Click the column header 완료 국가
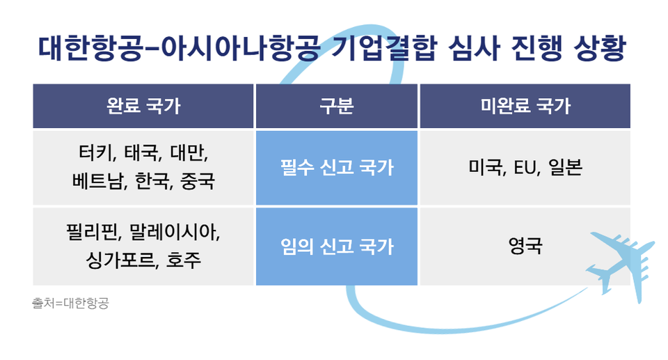pos(143,107)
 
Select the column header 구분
pos(337,107)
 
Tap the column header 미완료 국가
pos(525,107)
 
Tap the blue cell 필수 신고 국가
pos(337,168)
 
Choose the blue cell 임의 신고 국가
pos(337,246)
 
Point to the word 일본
pos(564,168)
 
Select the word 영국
pos(525,246)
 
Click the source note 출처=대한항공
pos(70,304)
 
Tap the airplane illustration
pos(620,260)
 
